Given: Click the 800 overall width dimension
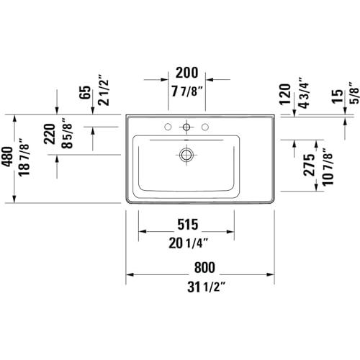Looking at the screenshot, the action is pyautogui.click(x=204, y=267).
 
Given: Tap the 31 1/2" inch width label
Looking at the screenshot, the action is pyautogui.click(x=207, y=287).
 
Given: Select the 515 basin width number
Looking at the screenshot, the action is pyautogui.click(x=188, y=225).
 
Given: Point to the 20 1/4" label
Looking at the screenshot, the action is pyautogui.click(x=188, y=243).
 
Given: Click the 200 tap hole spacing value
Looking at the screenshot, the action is pyautogui.click(x=187, y=73).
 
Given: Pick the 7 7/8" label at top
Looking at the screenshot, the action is pyautogui.click(x=187, y=91).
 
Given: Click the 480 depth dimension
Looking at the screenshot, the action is pyautogui.click(x=7, y=156).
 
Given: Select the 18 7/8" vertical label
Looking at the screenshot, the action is pyautogui.click(x=24, y=157).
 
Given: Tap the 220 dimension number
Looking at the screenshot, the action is pyautogui.click(x=50, y=134).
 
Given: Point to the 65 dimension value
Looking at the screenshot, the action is pyautogui.click(x=85, y=92).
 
